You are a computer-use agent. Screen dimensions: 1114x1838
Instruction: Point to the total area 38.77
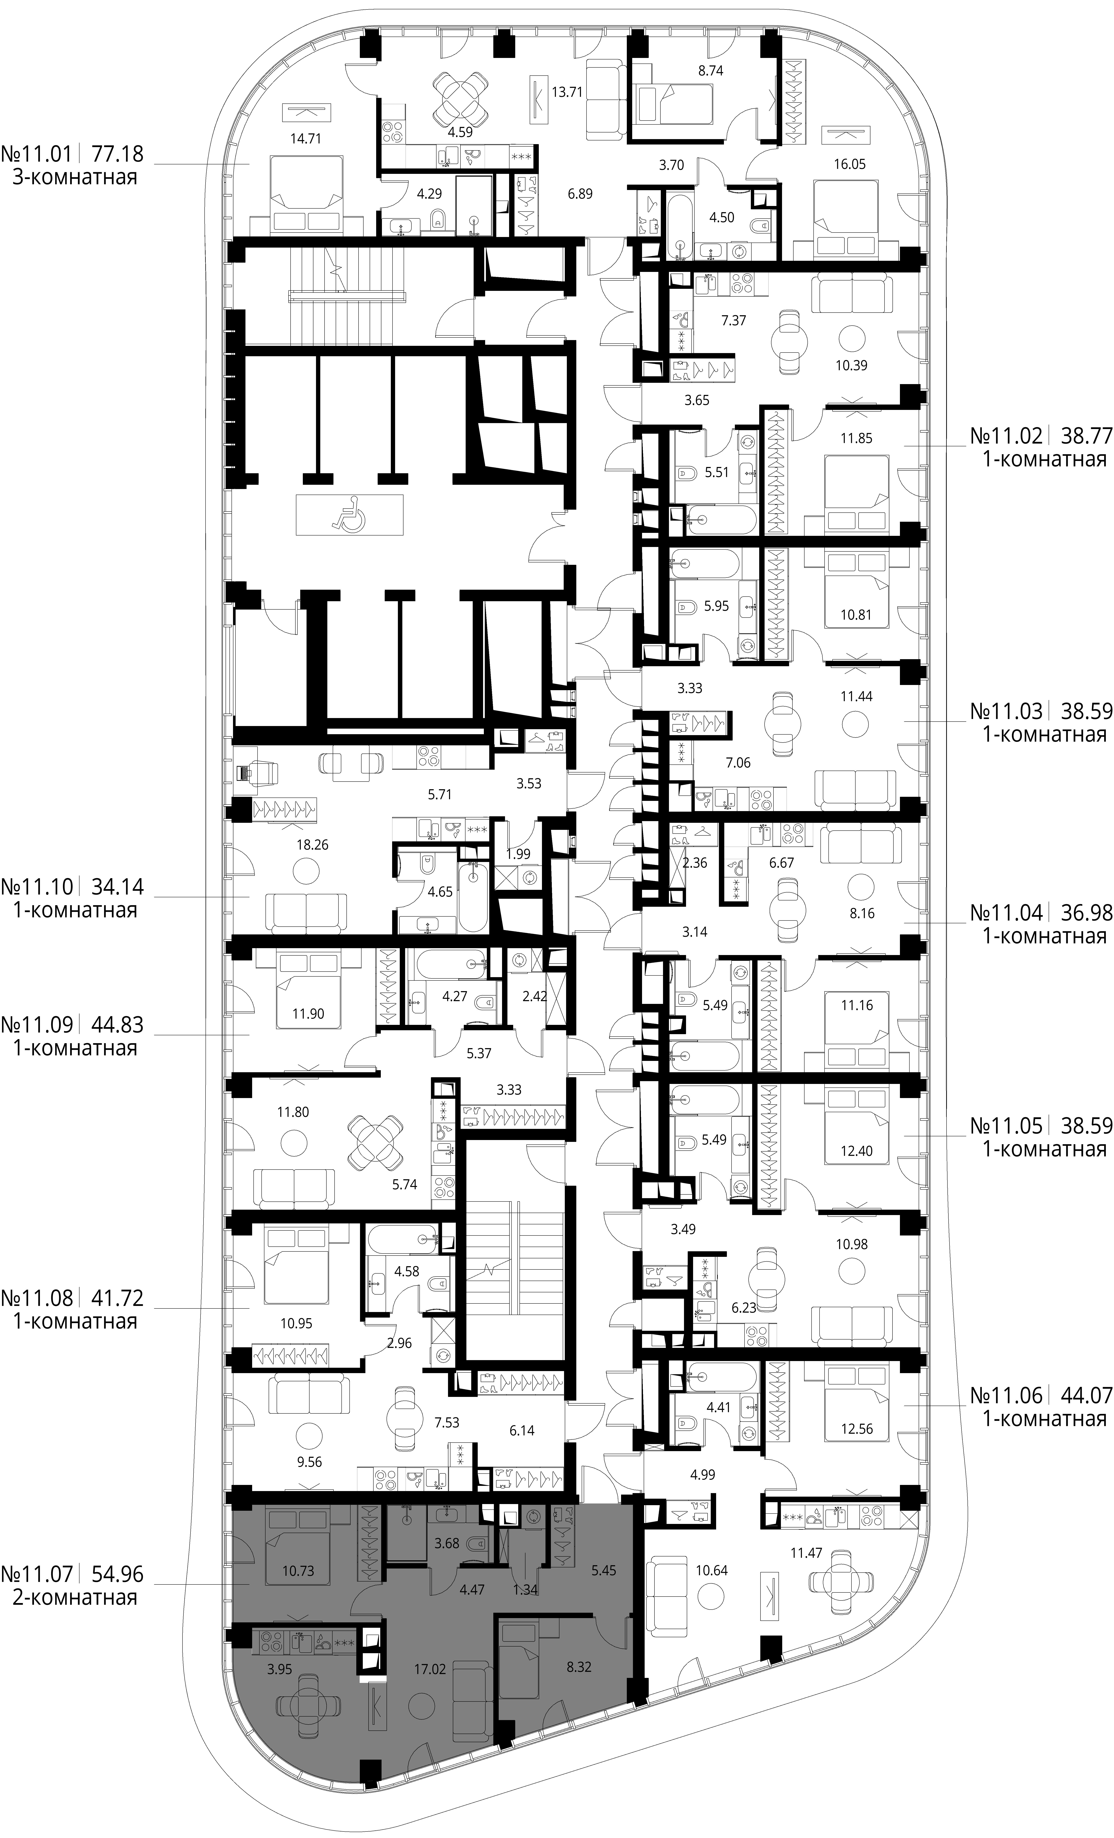click(x=1086, y=435)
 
